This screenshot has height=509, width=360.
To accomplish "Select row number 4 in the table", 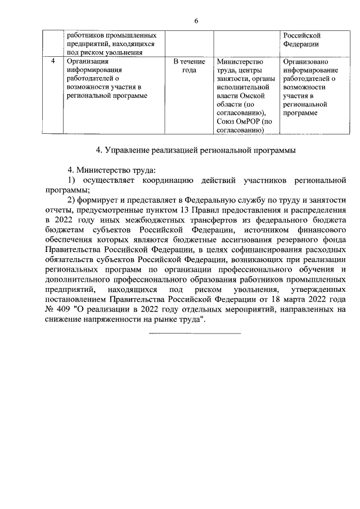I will coord(52,61).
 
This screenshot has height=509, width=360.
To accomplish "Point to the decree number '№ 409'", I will coord(57,309).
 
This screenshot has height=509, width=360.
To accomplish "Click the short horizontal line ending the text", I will coord(195,334).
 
